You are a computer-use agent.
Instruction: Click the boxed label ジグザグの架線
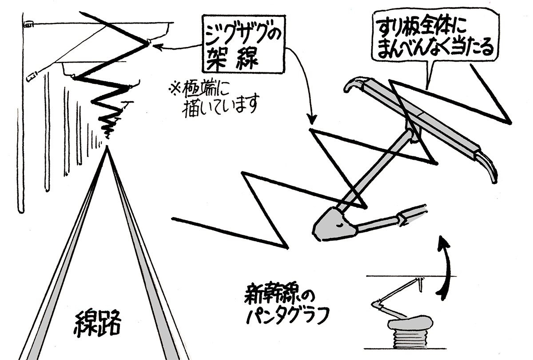coord(243,44)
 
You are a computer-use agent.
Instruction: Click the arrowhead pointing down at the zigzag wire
coord(312,121)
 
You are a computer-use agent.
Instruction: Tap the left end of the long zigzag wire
coord(173,218)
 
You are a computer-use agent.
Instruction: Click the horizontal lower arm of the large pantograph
coord(382,222)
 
